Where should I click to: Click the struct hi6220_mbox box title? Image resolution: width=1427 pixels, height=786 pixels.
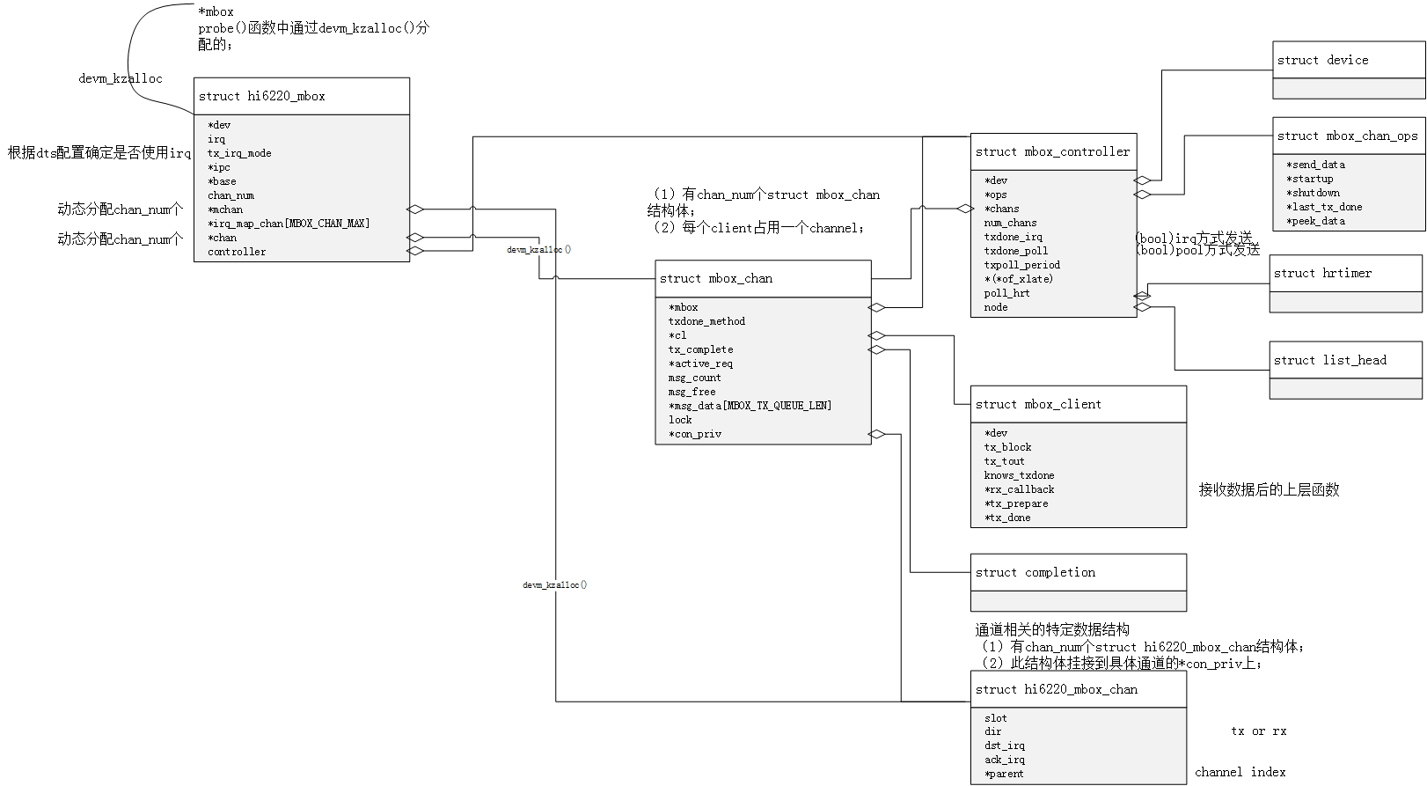click(x=262, y=96)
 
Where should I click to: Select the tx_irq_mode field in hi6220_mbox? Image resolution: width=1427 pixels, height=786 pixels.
click(x=239, y=153)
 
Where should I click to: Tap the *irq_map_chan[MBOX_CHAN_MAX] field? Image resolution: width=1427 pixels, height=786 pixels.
click(x=289, y=224)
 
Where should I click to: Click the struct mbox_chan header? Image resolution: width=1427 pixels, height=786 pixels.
click(x=716, y=278)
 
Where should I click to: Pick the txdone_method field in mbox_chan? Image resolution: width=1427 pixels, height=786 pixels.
click(x=706, y=321)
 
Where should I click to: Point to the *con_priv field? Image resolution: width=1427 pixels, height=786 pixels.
click(x=695, y=434)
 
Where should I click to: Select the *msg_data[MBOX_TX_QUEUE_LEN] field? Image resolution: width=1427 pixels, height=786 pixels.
click(x=750, y=406)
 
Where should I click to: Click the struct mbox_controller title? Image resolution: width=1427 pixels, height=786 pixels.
click(x=1052, y=151)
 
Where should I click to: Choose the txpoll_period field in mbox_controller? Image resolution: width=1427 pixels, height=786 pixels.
click(x=1022, y=265)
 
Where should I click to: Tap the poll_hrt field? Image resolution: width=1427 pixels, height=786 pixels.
click(x=1006, y=293)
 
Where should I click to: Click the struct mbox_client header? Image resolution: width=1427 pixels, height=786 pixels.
click(x=1038, y=404)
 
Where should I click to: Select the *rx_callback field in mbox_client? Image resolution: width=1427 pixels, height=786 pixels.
click(x=1020, y=489)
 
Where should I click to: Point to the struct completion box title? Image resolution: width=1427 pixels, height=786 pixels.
click(x=1035, y=572)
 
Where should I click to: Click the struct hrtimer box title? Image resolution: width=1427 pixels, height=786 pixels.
click(x=1322, y=273)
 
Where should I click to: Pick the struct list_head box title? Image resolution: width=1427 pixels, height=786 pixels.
click(x=1329, y=360)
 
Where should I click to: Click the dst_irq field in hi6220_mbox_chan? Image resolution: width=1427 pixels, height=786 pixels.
click(x=1005, y=746)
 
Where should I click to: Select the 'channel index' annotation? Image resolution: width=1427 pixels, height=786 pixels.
click(x=1240, y=772)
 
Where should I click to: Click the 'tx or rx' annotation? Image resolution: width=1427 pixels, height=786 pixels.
click(x=1258, y=731)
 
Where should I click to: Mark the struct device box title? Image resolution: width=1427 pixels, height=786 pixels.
click(x=1322, y=60)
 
